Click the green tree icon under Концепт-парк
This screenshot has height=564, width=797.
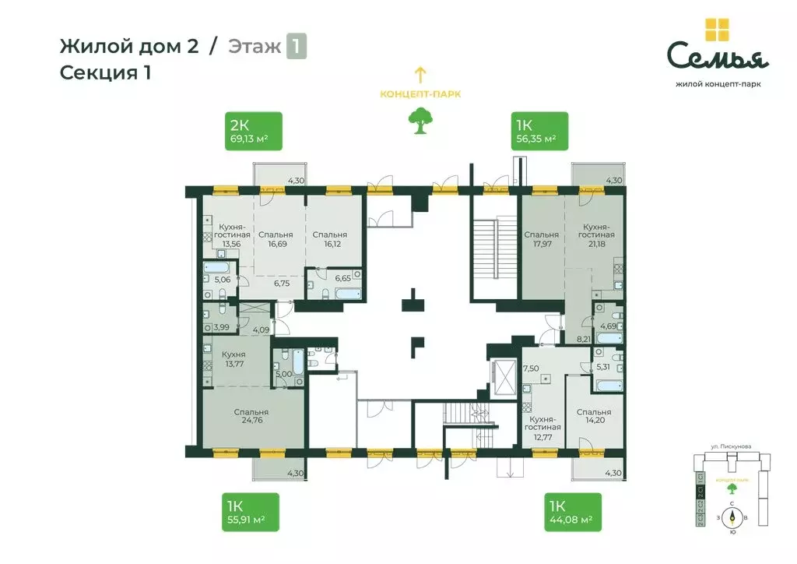pos(420,119)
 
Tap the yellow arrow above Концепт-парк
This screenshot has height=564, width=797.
pos(420,75)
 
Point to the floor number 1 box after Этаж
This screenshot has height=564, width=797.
pos(296,46)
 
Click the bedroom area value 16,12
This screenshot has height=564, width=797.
pos(329,244)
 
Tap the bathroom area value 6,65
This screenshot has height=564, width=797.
pos(342,278)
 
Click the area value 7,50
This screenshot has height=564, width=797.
pos(531,368)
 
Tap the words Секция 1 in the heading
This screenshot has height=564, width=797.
pos(104,73)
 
